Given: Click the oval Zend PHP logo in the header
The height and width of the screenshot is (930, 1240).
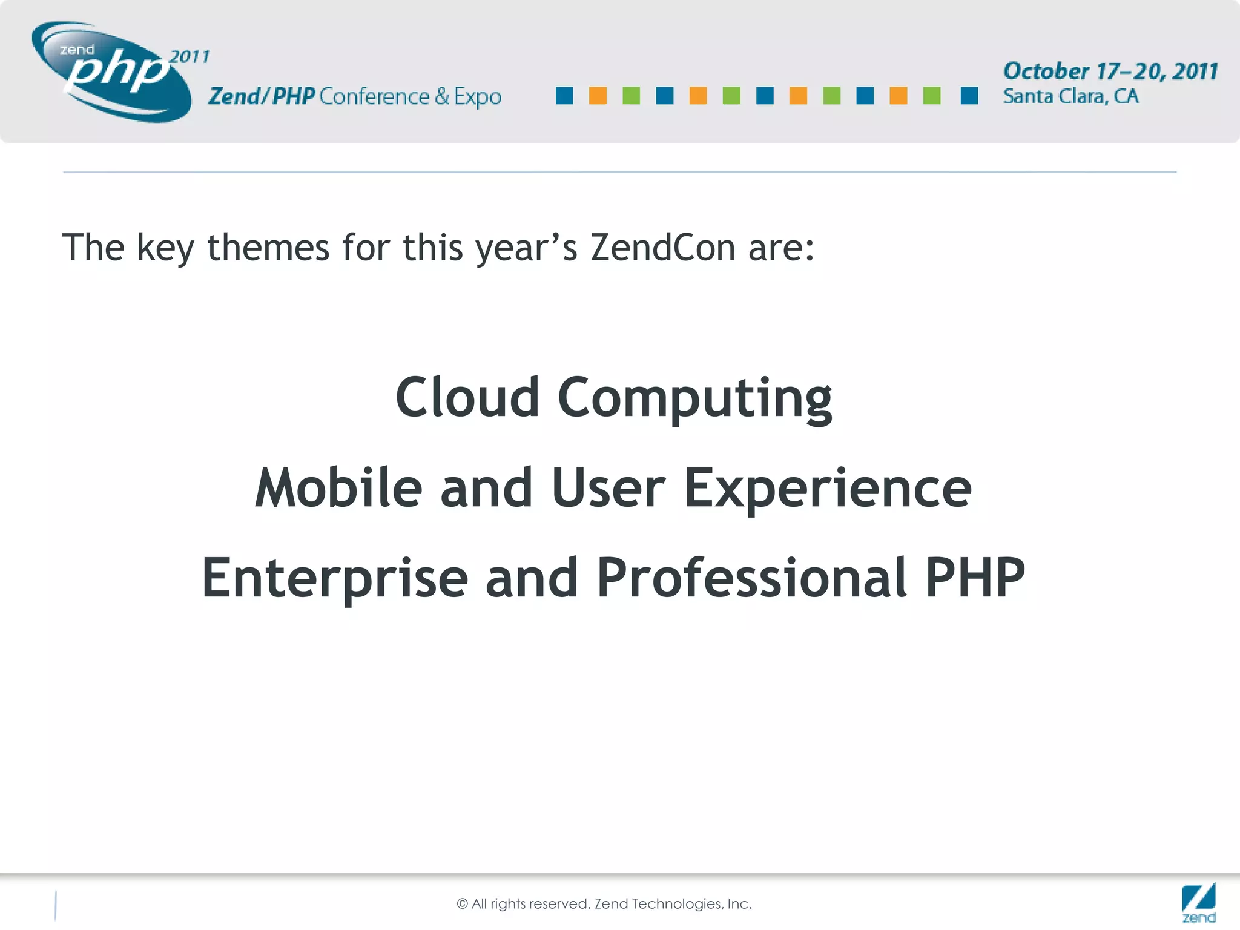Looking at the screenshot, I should [x=112, y=71].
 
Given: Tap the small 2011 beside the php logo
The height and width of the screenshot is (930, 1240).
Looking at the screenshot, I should [x=190, y=57].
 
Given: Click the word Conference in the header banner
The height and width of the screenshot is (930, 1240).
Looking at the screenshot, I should [x=374, y=97].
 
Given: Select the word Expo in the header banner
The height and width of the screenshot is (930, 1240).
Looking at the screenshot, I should [x=478, y=97].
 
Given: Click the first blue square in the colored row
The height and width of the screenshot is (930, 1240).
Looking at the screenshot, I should [x=564, y=96].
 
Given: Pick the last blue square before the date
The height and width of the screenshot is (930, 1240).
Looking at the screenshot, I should [x=969, y=96].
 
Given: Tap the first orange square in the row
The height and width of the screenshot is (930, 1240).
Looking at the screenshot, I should [x=598, y=96].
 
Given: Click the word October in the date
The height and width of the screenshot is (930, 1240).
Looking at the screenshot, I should [x=1046, y=71].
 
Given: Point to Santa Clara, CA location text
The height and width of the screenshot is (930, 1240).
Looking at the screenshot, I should [x=1070, y=96].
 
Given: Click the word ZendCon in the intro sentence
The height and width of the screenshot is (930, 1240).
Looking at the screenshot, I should [x=662, y=248].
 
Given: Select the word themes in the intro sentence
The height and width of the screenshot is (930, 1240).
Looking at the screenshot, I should [x=268, y=248].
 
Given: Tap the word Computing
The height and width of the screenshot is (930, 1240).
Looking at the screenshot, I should [x=694, y=400].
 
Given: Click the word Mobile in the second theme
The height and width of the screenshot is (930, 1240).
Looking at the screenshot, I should [x=338, y=488].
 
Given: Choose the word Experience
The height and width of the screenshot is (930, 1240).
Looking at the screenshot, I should [x=827, y=490].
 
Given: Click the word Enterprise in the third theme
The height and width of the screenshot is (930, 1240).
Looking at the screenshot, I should [x=334, y=579].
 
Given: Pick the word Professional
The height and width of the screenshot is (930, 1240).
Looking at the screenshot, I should [x=751, y=578].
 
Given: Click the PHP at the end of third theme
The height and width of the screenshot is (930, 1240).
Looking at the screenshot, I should [x=975, y=578].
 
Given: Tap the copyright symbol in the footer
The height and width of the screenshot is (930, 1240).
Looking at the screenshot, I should [x=463, y=904].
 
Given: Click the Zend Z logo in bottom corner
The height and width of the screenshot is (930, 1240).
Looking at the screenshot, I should [x=1198, y=902].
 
